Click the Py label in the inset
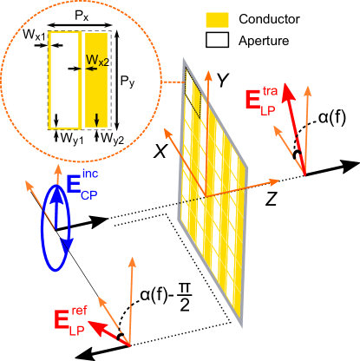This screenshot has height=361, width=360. (x=127, y=83)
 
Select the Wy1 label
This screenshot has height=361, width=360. (x=69, y=137)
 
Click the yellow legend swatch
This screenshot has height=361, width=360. (x=218, y=19)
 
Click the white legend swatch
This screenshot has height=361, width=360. (x=218, y=39)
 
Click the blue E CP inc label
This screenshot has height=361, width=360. (x=82, y=187)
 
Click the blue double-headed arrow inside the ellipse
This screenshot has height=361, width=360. (x=58, y=221)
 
